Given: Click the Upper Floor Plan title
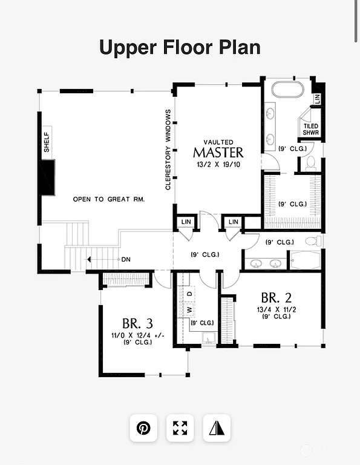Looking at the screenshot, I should [180, 47].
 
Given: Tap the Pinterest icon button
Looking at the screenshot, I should [143, 428].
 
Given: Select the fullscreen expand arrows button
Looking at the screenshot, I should [180, 428].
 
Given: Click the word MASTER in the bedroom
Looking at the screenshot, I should [218, 153].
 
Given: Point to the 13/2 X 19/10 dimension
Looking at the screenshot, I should [218, 165].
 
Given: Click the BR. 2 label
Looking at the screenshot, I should [277, 298].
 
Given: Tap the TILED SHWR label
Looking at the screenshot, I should [311, 130].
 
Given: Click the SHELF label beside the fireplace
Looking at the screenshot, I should [46, 142].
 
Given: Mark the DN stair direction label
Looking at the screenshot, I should [126, 260].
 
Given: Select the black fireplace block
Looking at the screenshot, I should [47, 177].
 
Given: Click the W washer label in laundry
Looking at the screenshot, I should [189, 309].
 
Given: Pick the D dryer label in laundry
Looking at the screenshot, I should [189, 294].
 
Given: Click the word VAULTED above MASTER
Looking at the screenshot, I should [218, 142].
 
